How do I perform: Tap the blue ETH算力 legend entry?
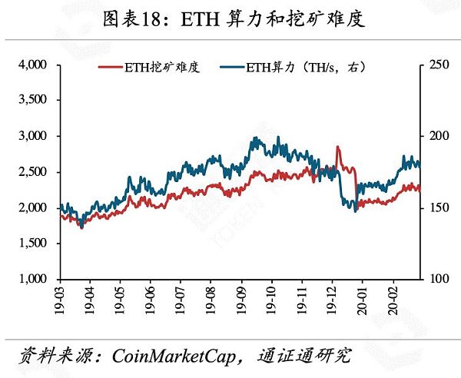(x=305, y=68)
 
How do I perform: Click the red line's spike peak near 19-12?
(x=337, y=147)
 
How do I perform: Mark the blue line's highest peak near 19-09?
(x=256, y=138)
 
